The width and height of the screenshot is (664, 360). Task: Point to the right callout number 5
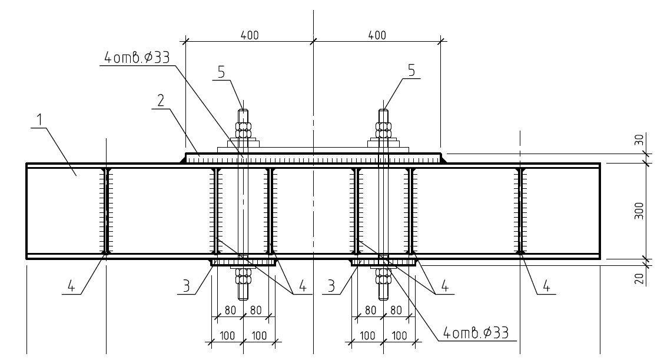[411, 70]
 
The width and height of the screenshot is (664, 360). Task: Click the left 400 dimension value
[249, 35]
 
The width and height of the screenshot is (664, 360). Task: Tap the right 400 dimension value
[377, 35]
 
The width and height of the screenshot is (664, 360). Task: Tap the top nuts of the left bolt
[243, 129]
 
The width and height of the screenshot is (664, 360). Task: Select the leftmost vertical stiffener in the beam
[106, 210]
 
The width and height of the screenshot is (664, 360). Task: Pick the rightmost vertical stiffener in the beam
[520, 210]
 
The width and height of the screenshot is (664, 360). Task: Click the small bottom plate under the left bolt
[243, 262]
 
